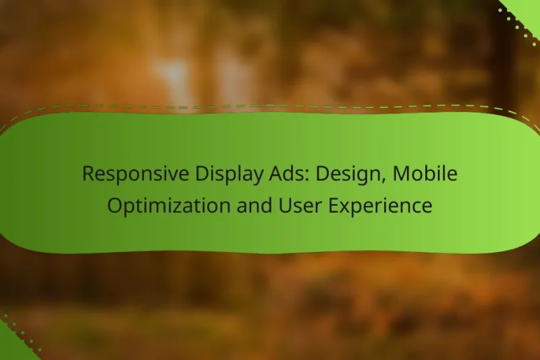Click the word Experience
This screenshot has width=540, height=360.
click(x=375, y=206)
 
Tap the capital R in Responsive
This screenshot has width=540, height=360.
click(x=88, y=174)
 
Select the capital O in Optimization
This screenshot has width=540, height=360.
click(x=115, y=206)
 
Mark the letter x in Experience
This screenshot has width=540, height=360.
click(x=342, y=207)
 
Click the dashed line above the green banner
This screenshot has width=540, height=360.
click(x=270, y=106)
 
